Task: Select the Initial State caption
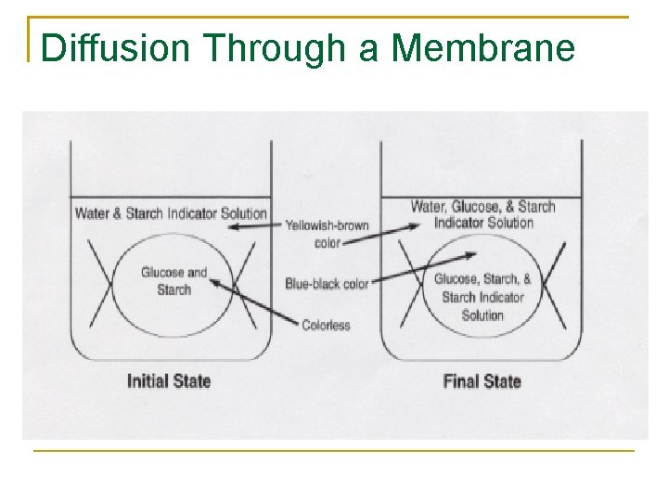169,380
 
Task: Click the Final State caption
482,380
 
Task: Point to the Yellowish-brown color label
327,234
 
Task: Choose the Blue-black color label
327,284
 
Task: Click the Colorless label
326,325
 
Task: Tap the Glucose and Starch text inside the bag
173,281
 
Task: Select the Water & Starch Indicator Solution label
171,213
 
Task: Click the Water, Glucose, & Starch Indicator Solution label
482,214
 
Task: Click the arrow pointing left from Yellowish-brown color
255,225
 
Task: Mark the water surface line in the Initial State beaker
171,197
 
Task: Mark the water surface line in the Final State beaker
482,197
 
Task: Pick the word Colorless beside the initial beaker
326,325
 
